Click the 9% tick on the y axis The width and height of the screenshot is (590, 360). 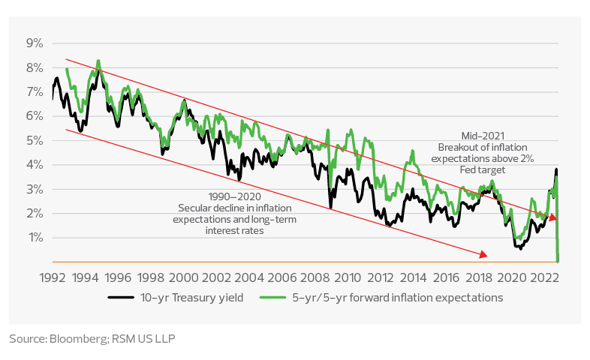click(35, 43)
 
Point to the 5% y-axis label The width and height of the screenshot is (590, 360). click(35, 140)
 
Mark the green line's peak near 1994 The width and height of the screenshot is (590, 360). click(98, 61)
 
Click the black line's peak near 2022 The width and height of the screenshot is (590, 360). click(556, 169)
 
